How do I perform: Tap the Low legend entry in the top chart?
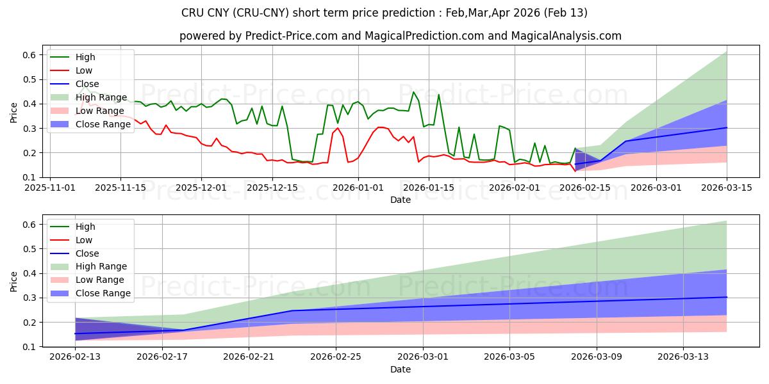[84, 70]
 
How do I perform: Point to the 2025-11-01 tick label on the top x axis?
[51, 188]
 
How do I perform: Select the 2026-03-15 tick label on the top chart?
[727, 188]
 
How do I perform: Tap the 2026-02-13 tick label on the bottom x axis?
[76, 357]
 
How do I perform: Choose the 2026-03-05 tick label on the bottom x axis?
[510, 357]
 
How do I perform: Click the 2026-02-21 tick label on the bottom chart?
[249, 357]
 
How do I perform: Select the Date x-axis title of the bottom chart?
[401, 369]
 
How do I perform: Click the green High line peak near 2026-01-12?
[413, 92]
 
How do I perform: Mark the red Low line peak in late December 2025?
[338, 128]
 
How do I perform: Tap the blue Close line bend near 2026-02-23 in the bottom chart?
[292, 310]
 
